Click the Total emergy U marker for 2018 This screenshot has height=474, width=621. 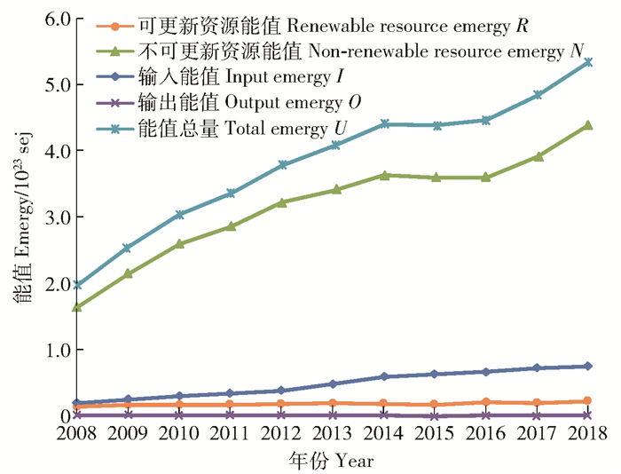[x=587, y=62]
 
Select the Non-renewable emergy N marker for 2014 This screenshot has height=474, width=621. [x=383, y=175]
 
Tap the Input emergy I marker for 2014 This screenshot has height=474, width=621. [x=383, y=376]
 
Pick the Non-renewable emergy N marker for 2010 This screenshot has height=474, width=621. [x=179, y=243]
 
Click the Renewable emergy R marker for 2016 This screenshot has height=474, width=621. [x=485, y=402]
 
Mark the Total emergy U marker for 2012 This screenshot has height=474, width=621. [x=281, y=165]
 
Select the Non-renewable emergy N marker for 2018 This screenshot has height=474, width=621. [x=587, y=125]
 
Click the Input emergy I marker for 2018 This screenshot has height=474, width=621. [x=587, y=366]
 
